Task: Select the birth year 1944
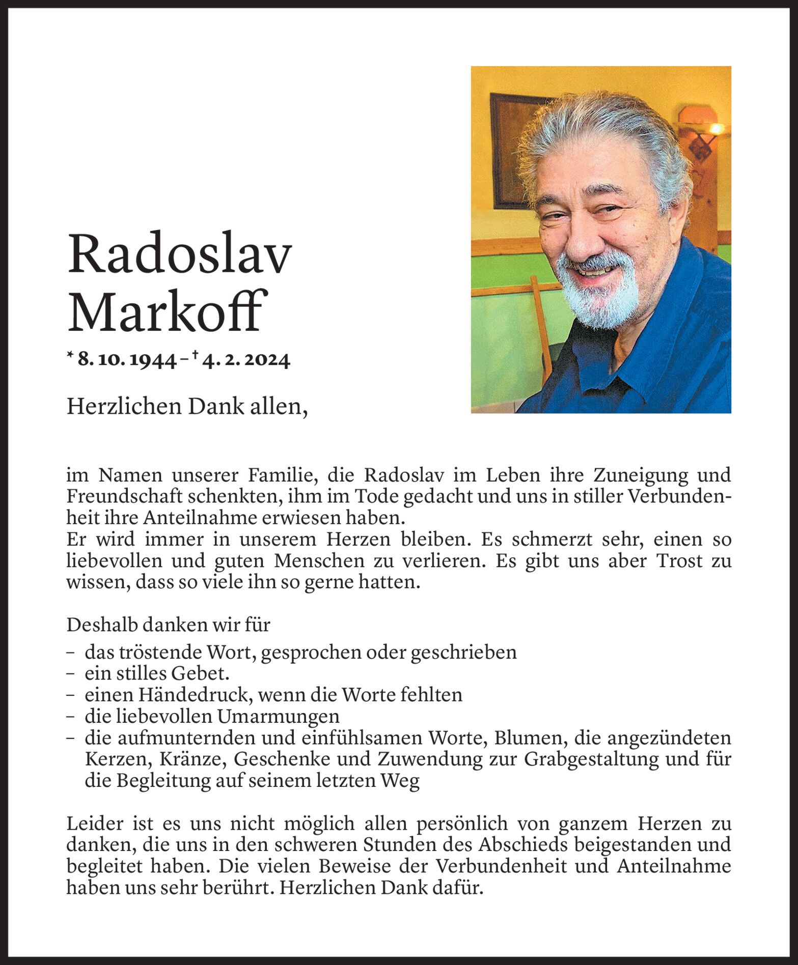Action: (153, 361)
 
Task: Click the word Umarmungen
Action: (278, 717)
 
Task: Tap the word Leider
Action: (92, 824)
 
